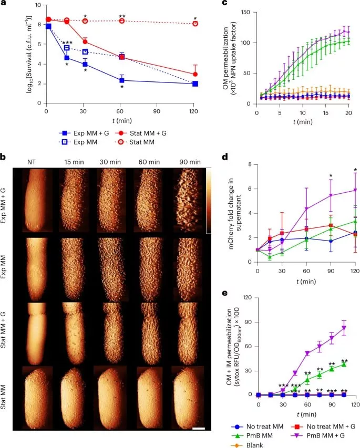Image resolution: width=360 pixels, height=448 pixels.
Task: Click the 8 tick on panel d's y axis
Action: pos(251,164)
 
